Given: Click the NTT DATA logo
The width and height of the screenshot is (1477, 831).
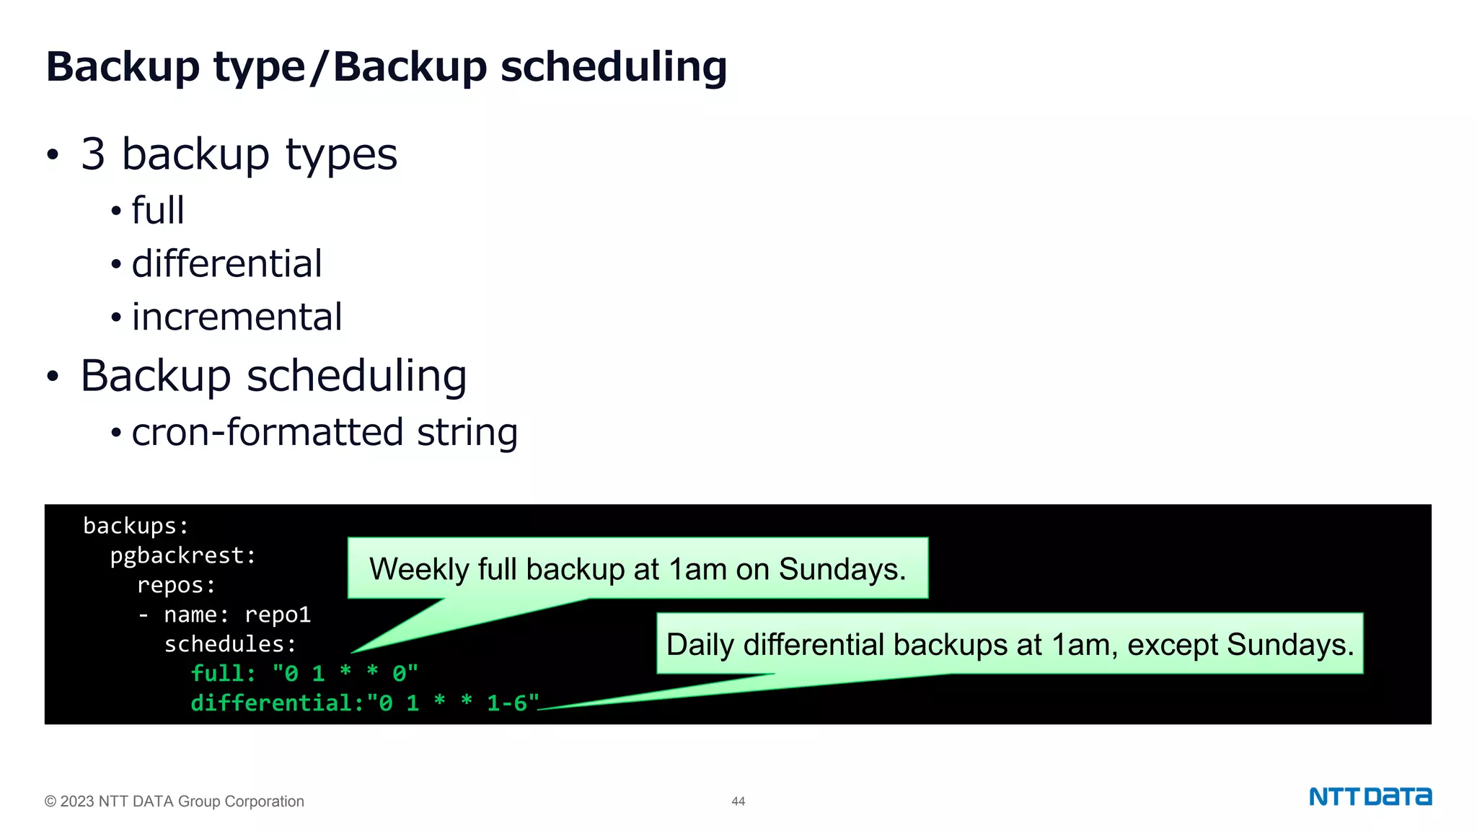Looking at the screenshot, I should pos(1370,796).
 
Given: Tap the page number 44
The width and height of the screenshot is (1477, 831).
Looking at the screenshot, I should pos(738,801).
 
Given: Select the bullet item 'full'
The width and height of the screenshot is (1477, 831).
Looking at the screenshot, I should pos(158,211).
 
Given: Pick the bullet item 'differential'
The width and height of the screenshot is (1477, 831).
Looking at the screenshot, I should pos(226,263).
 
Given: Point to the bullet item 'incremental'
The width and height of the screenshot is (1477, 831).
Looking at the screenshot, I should pos(237,317).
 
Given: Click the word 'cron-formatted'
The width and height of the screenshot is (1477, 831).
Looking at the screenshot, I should pos(267,432).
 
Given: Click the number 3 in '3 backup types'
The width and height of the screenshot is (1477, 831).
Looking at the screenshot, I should pos(93,154).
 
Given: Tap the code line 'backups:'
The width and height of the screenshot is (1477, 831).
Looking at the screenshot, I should pos(136,526).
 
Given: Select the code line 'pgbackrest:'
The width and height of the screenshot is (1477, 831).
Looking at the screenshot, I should pos(182,555).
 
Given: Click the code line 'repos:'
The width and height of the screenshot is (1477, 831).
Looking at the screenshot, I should pos(176,585).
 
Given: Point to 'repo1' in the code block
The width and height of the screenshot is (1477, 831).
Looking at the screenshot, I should pos(278,615).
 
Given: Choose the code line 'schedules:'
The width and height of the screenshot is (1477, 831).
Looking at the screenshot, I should pos(230,644).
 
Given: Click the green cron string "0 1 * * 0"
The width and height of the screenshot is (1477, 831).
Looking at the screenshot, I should pos(345,674).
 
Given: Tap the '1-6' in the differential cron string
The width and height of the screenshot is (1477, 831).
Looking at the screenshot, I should pos(507,703).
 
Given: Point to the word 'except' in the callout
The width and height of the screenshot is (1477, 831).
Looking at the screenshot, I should pos(1173,645).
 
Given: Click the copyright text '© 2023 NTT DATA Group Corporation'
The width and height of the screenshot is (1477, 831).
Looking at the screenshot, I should pos(175,801).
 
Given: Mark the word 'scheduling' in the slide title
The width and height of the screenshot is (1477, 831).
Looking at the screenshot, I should pos(613,67).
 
